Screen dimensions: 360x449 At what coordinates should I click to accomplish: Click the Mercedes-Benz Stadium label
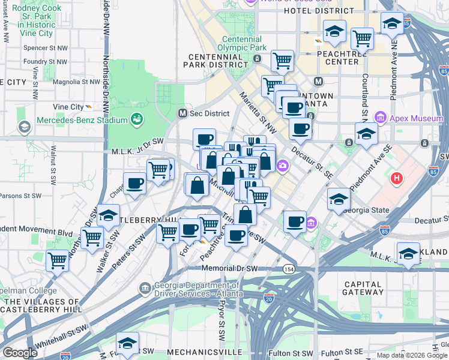click(82, 120)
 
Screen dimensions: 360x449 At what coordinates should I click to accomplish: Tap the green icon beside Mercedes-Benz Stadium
click(137, 119)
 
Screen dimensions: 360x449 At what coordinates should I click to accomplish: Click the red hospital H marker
click(396, 178)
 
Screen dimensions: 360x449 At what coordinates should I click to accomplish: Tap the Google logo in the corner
click(20, 353)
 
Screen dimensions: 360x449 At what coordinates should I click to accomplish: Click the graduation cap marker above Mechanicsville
click(127, 343)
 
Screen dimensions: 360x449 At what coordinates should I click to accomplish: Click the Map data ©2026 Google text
click(412, 355)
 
